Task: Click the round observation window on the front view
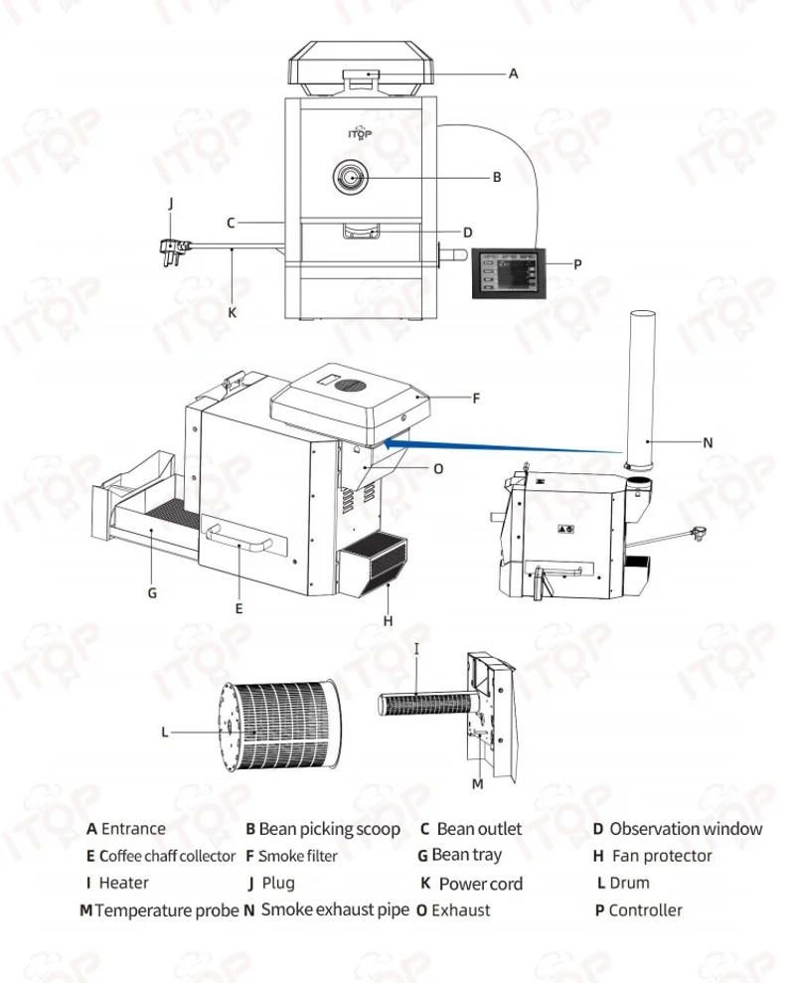pyautogui.click(x=351, y=178)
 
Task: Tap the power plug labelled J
pyautogui.click(x=172, y=244)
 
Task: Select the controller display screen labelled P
pyautogui.click(x=509, y=268)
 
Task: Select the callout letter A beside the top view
pyautogui.click(x=514, y=74)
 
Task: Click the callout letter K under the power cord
pyautogui.click(x=233, y=312)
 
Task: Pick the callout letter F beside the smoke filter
pyautogui.click(x=476, y=399)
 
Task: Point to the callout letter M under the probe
pyautogui.click(x=477, y=784)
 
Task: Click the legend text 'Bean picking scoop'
pyautogui.click(x=329, y=829)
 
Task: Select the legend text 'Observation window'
pyautogui.click(x=686, y=829)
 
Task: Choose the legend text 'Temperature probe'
pyautogui.click(x=166, y=909)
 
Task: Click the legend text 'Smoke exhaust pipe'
pyautogui.click(x=334, y=909)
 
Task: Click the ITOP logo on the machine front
pyautogui.click(x=360, y=133)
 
